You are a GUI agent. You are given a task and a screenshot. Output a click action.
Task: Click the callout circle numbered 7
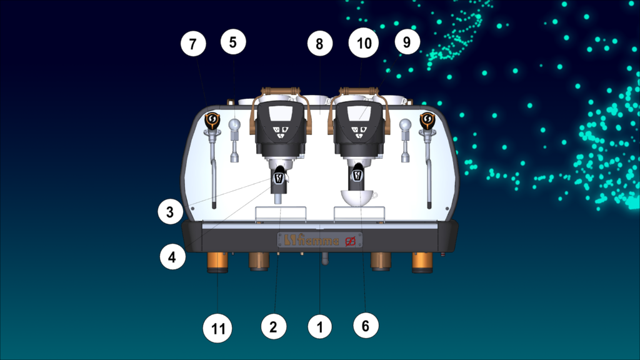point(193,44)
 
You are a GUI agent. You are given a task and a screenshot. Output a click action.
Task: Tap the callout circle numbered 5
point(233,42)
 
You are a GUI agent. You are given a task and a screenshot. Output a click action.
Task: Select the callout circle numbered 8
point(319,44)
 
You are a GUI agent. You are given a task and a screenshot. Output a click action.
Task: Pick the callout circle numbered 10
point(364,43)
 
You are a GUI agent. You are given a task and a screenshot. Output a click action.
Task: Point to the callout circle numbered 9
point(407,42)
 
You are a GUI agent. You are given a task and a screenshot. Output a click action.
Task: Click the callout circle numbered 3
point(170,212)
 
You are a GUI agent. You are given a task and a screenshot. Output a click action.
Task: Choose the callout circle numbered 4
point(172,257)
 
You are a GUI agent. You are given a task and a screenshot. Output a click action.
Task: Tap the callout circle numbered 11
point(217,328)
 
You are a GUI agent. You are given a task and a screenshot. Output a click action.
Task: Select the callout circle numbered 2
point(274,326)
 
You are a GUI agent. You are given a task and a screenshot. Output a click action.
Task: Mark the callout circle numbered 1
point(319,326)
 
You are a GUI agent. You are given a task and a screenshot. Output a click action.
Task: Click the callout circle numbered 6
point(365,326)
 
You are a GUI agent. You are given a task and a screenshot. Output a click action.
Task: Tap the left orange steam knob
point(212,121)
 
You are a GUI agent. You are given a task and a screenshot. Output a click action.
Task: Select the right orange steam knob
point(427,121)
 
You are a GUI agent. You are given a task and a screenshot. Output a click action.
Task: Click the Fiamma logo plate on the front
point(319,241)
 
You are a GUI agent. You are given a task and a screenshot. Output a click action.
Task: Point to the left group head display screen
point(281,114)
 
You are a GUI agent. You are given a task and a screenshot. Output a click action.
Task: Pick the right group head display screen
point(359,114)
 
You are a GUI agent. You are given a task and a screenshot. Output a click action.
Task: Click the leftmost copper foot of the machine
point(217,262)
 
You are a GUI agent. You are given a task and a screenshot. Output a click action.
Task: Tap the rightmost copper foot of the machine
point(422,262)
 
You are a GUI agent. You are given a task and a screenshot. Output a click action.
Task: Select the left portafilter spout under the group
point(278,198)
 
